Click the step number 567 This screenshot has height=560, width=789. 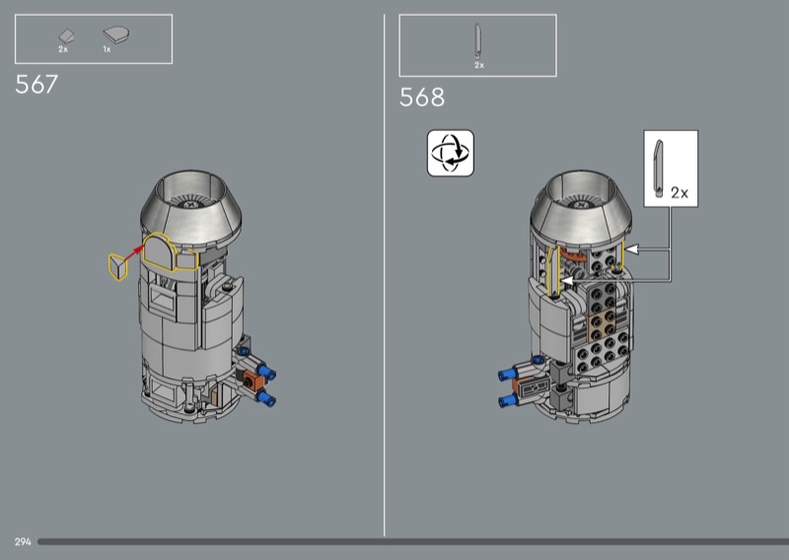pyautogui.click(x=36, y=85)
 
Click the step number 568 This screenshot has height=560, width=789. pyautogui.click(x=422, y=97)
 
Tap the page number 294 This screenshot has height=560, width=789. pyautogui.click(x=23, y=542)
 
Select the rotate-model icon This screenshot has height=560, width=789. pyautogui.click(x=451, y=153)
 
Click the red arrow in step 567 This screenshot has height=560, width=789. pyautogui.click(x=134, y=253)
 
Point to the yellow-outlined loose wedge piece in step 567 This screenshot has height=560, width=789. pyautogui.click(x=118, y=266)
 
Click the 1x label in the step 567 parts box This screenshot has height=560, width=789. pyautogui.click(x=107, y=49)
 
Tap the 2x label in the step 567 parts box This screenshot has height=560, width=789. pyautogui.click(x=63, y=49)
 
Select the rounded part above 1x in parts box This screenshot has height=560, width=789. pyautogui.click(x=116, y=35)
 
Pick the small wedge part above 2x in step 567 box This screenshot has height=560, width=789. pyautogui.click(x=66, y=35)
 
